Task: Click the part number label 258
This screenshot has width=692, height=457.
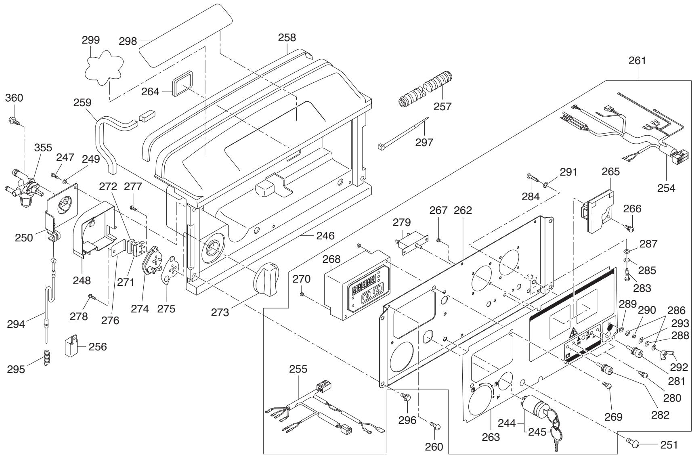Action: click(287, 38)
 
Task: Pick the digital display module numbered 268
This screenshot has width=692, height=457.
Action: click(357, 284)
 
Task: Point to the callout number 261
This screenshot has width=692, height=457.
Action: click(637, 61)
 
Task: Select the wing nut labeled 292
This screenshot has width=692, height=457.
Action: click(667, 354)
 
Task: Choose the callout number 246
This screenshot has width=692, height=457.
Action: click(325, 236)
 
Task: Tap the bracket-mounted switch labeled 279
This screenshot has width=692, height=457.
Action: click(413, 243)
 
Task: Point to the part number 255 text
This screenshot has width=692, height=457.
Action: click(298, 369)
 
